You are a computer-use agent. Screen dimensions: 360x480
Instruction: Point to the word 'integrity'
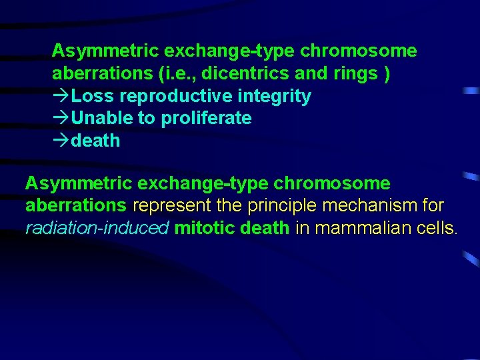point(274,96)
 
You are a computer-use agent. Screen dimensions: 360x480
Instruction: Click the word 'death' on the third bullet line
point(95,141)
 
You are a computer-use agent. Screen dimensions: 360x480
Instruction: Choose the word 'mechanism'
point(360,206)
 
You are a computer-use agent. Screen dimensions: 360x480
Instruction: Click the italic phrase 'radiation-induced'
point(97,229)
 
